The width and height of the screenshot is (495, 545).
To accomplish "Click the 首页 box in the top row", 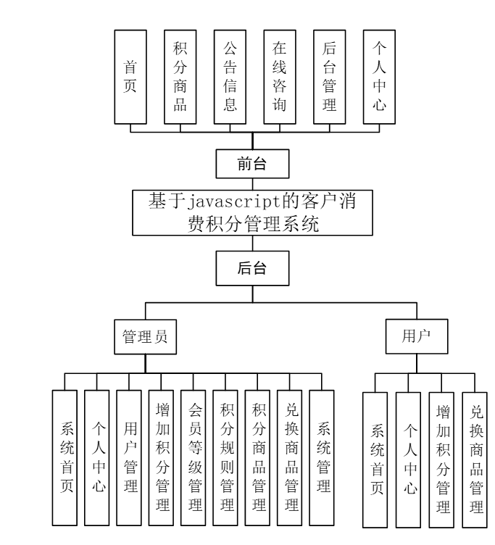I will (x=131, y=75).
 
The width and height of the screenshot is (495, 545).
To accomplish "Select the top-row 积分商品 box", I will (x=180, y=75).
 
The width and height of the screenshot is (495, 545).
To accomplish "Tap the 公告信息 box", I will (x=230, y=75).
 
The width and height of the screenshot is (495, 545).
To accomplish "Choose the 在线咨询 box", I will (x=279, y=75).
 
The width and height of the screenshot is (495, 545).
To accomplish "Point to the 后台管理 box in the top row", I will (x=329, y=75).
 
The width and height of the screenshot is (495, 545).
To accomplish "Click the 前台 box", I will (x=252, y=165).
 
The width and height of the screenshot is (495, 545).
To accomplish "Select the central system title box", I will (x=252, y=212).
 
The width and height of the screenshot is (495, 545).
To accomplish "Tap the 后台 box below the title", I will (x=252, y=268).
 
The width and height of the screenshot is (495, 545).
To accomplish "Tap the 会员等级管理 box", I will (x=194, y=457).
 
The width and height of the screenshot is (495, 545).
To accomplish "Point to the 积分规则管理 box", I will (x=226, y=457).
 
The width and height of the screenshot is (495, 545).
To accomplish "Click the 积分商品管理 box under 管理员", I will (x=258, y=457).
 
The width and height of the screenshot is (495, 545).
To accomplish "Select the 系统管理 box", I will (x=322, y=457).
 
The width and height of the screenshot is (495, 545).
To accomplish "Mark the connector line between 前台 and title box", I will (x=252, y=184).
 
